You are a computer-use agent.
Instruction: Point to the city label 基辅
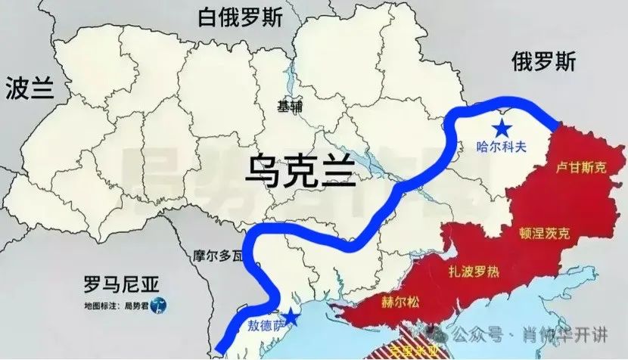289,107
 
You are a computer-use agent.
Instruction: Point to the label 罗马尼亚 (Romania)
121,285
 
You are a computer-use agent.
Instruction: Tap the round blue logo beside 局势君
158,306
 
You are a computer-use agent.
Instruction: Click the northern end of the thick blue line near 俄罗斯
555,123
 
